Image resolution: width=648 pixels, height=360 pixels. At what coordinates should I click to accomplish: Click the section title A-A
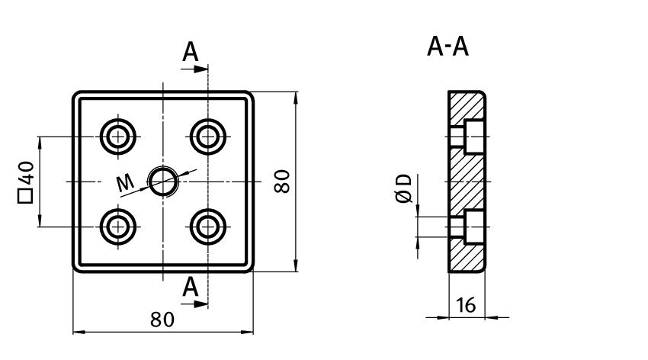click(x=448, y=47)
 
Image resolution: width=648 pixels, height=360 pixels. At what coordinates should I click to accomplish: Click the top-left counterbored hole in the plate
click(x=117, y=137)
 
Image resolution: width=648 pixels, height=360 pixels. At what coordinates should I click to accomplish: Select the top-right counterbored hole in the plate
click(x=206, y=137)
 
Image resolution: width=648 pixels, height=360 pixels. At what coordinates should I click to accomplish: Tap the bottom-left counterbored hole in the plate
click(x=117, y=226)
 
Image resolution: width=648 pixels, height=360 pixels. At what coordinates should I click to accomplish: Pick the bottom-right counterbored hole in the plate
click(x=206, y=226)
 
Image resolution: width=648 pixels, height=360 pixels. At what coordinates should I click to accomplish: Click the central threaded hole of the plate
click(x=162, y=181)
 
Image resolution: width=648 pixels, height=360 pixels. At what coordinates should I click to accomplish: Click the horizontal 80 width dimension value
click(x=162, y=320)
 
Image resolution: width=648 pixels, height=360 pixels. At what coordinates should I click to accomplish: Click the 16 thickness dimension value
click(x=465, y=306)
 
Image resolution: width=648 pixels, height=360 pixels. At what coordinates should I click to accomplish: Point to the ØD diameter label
click(x=404, y=189)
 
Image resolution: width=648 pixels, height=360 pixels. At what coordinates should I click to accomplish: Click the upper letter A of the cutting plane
click(x=191, y=53)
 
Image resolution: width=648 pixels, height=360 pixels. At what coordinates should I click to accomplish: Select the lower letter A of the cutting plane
click(x=191, y=288)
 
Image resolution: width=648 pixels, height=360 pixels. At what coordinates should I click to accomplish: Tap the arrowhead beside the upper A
click(x=201, y=69)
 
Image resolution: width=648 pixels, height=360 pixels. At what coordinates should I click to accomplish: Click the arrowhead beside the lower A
click(x=201, y=304)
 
